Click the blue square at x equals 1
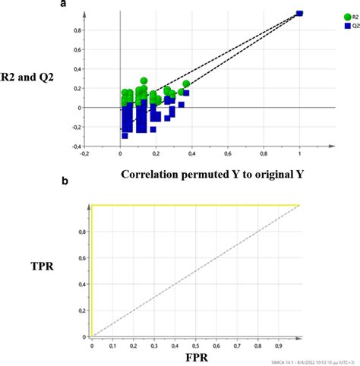click(299, 14)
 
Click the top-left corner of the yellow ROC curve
click(92, 205)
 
